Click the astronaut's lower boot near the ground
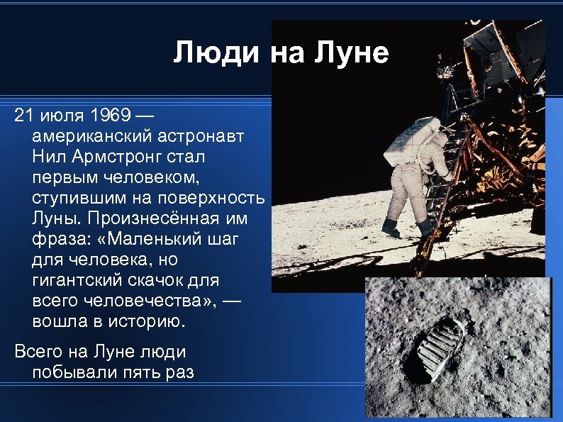pos(391,228)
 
